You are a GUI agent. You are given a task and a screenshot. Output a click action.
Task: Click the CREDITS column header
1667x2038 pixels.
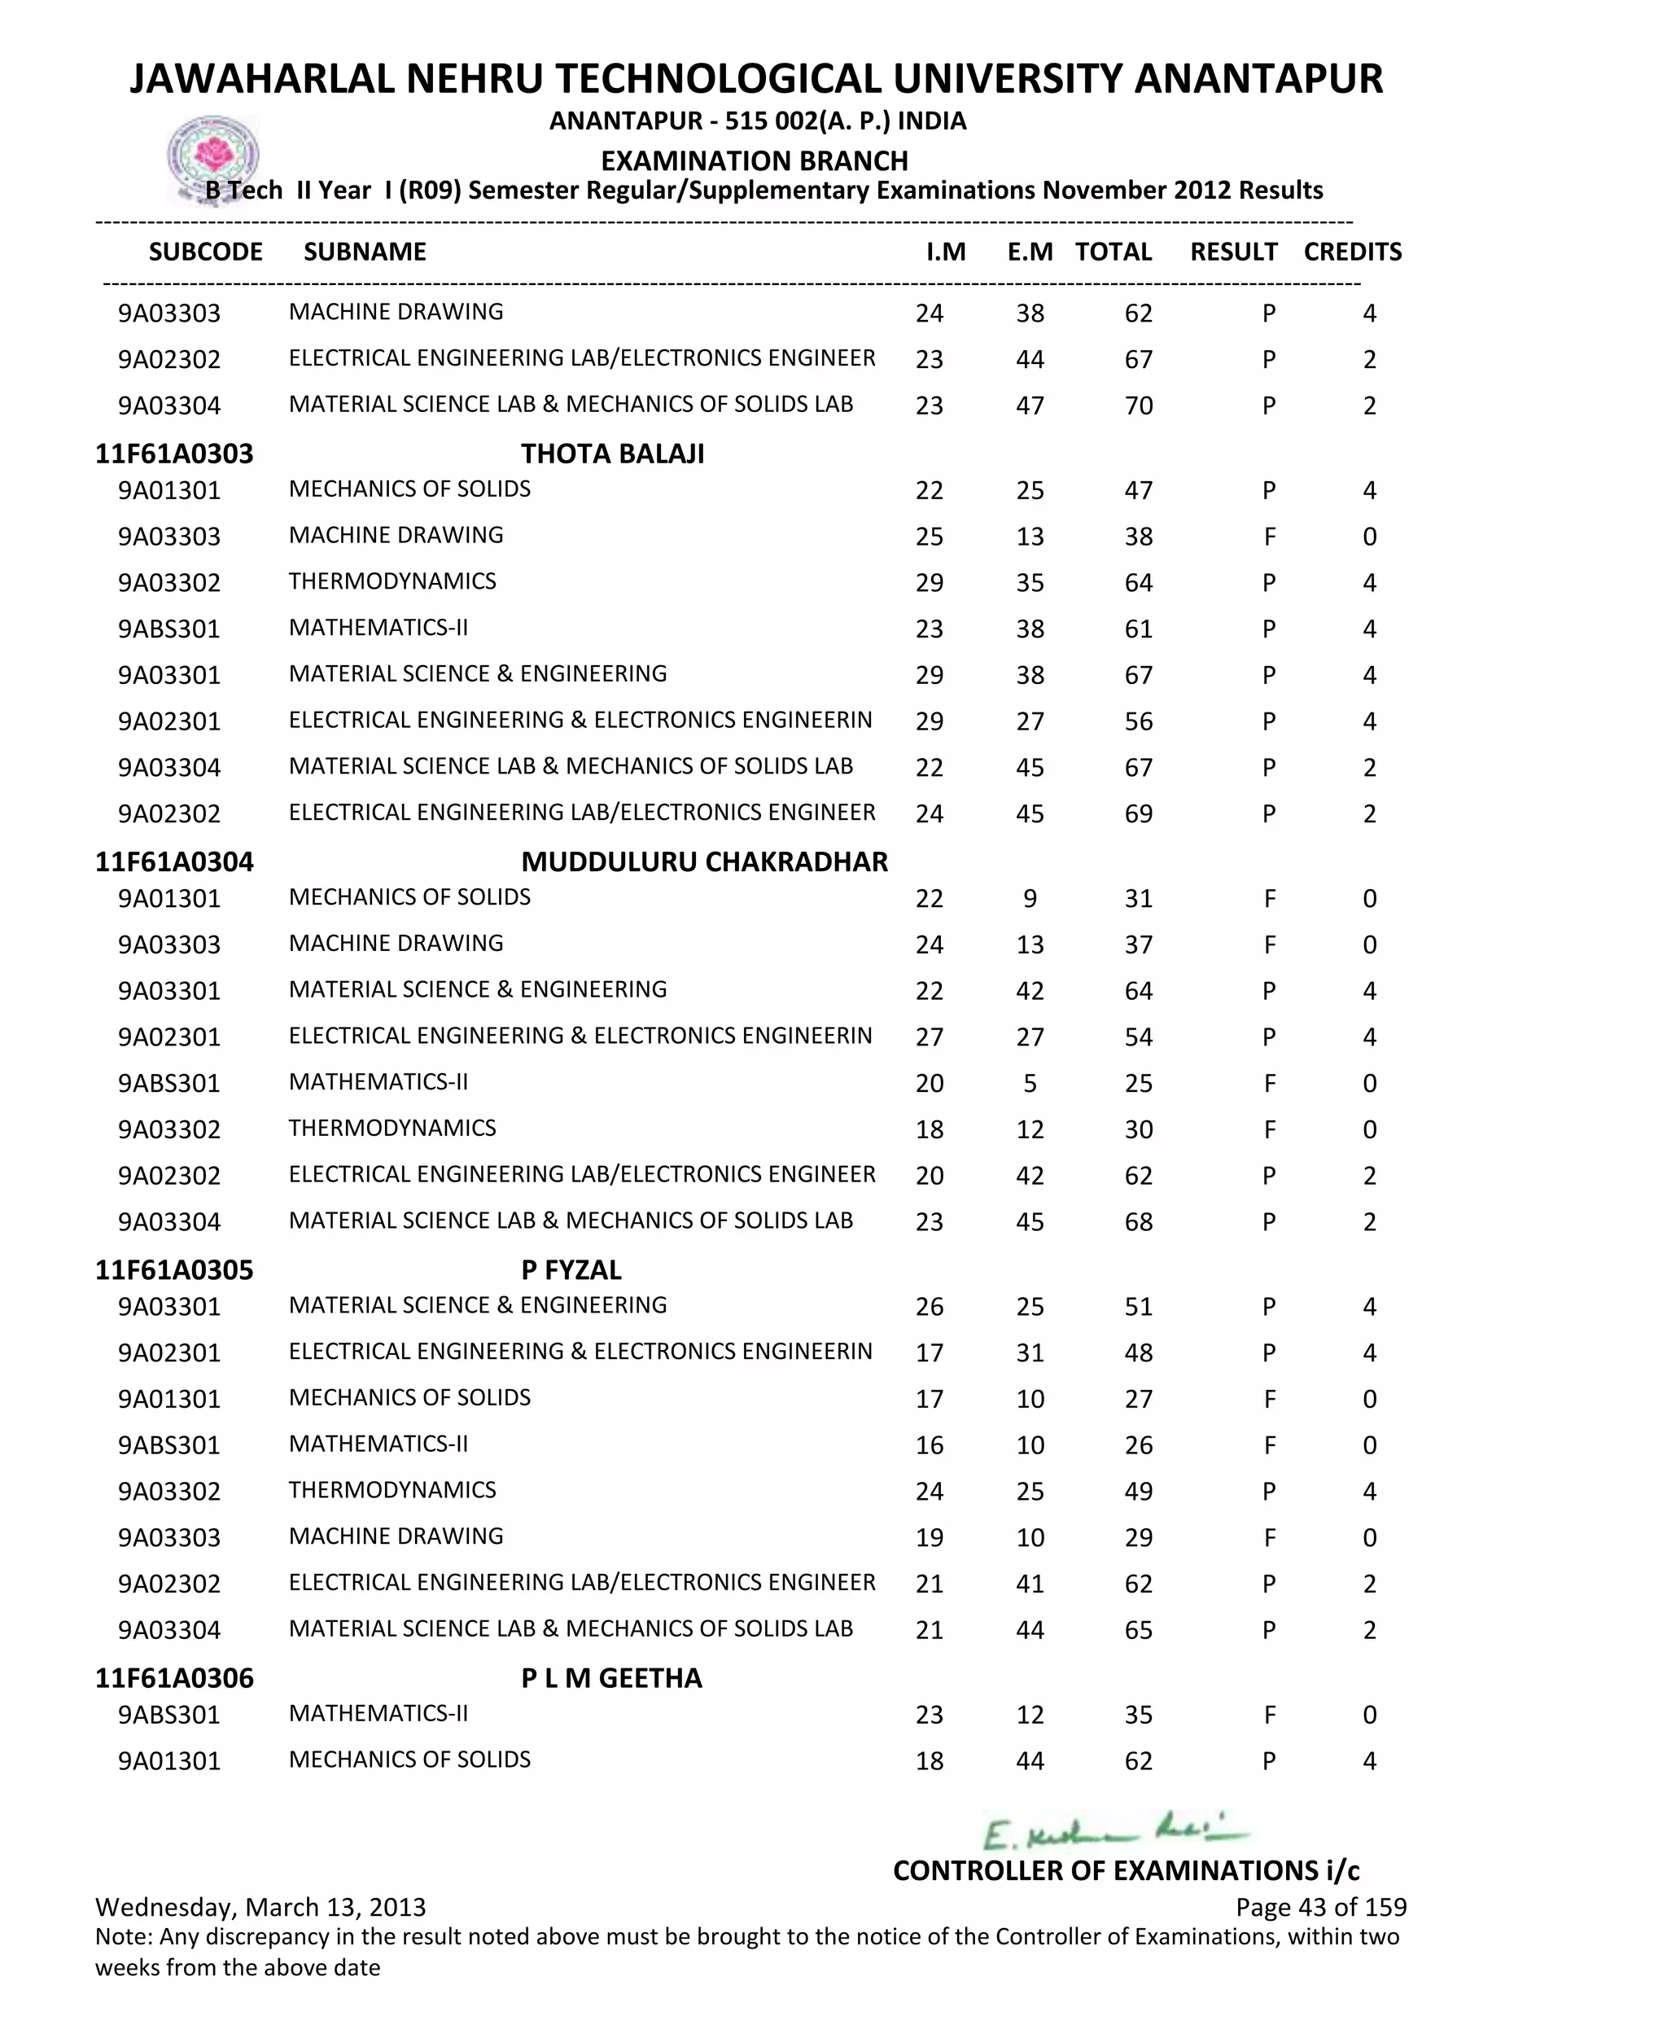pyautogui.click(x=1352, y=252)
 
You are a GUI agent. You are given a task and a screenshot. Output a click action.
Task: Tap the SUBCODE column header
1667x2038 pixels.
pyautogui.click(x=205, y=252)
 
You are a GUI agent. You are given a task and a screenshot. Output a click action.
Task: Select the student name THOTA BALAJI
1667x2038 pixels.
pyautogui.click(x=613, y=454)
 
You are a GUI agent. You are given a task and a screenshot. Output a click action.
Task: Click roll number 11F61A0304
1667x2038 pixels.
pyautogui.click(x=174, y=861)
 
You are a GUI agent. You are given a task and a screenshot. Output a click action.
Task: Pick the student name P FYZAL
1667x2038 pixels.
pyautogui.click(x=571, y=1269)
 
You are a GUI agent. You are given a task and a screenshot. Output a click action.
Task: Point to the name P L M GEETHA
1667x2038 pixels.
pyautogui.click(x=611, y=1678)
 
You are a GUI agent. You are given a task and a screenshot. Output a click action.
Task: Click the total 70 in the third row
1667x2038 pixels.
pyautogui.click(x=1139, y=405)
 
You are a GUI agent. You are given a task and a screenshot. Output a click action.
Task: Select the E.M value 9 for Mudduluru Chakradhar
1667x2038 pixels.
pyautogui.click(x=1030, y=898)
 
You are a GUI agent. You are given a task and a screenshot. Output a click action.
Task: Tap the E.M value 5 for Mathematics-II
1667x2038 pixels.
pyautogui.click(x=1030, y=1084)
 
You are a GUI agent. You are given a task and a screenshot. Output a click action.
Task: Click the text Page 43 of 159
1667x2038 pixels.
pyautogui.click(x=1320, y=1906)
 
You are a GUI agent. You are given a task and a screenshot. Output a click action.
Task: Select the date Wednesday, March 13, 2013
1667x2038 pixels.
pyautogui.click(x=260, y=1906)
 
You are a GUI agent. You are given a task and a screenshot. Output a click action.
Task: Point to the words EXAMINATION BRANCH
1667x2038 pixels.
pyautogui.click(x=754, y=160)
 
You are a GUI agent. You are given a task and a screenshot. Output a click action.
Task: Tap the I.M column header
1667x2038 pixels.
pyautogui.click(x=945, y=252)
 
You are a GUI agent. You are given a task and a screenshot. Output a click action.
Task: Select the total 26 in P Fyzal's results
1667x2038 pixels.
pyautogui.click(x=1139, y=1445)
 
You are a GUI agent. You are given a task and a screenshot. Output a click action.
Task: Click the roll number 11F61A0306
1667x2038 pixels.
pyautogui.click(x=174, y=1678)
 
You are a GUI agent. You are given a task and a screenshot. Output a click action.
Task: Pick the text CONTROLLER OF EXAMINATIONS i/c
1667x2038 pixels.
pyautogui.click(x=1126, y=1870)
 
